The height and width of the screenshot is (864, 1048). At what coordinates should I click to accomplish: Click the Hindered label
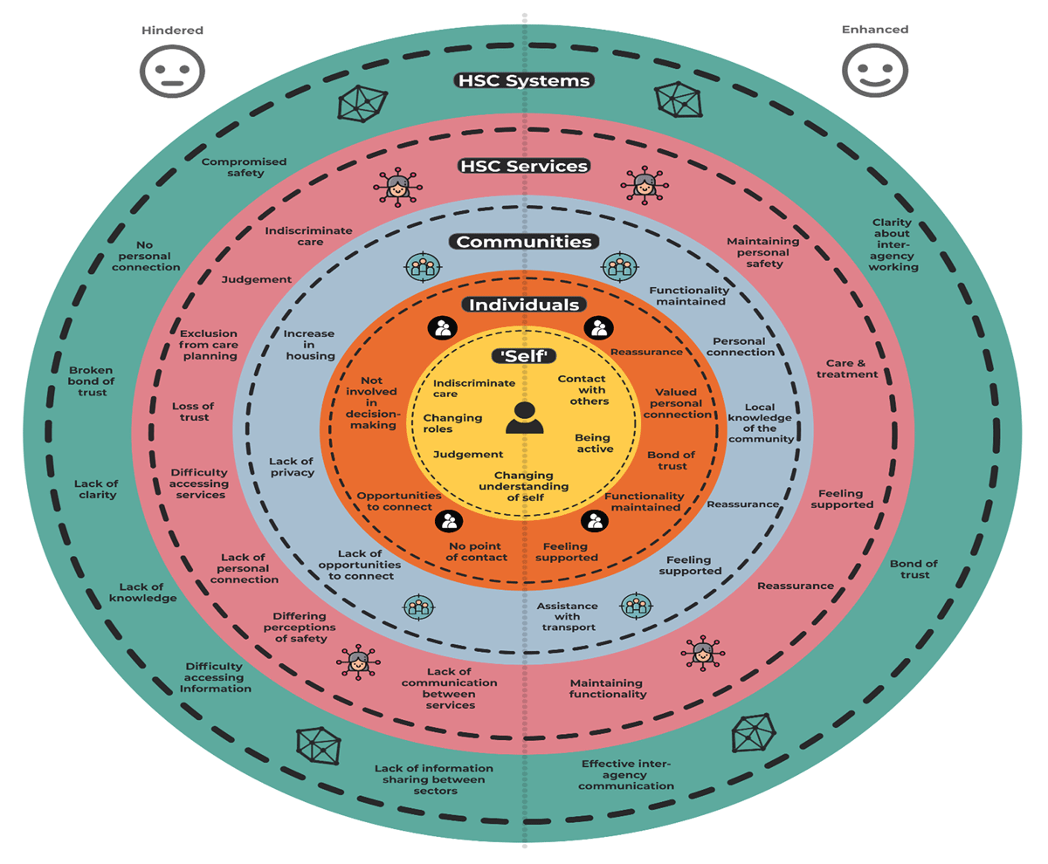pos(172,31)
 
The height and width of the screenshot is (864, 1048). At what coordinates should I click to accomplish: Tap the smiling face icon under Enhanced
pos(874,71)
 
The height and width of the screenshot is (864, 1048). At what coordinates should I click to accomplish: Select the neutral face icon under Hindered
pos(172,70)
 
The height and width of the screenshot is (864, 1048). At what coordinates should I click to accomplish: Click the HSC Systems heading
pos(524,81)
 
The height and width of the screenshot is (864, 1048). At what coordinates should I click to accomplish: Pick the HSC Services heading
pos(524,166)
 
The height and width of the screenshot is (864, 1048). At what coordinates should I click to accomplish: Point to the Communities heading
pos(524,242)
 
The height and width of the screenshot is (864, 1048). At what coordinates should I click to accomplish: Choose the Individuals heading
pos(524,305)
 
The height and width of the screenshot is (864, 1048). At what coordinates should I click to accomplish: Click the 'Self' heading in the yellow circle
pos(524,355)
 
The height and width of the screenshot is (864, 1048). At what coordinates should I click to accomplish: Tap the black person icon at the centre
pos(524,418)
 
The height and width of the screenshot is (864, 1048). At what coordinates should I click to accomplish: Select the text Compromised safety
pos(232,167)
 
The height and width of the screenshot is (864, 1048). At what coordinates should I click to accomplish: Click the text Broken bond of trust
pos(92,381)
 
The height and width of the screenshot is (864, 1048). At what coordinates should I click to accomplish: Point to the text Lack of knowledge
pos(143,592)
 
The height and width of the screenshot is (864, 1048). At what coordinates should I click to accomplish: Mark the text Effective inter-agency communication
pos(627,774)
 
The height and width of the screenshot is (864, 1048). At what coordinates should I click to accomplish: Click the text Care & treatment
pos(852,367)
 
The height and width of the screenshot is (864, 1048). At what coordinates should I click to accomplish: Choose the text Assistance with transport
pos(567,616)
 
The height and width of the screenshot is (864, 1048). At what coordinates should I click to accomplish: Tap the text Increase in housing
pos(309,344)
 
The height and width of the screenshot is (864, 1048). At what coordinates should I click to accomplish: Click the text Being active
pos(593,442)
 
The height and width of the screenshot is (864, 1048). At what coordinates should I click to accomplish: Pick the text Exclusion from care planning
pos(208,344)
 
